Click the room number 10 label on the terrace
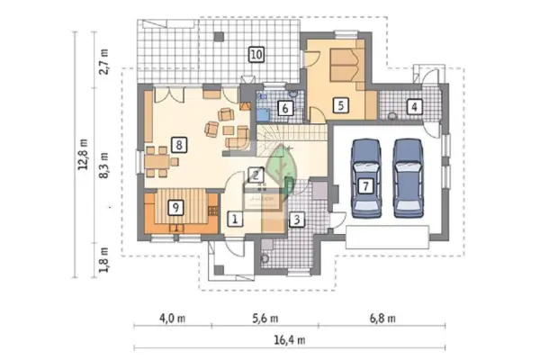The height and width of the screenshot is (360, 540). (x=256, y=55)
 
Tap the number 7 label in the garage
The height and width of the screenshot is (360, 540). (x=365, y=186)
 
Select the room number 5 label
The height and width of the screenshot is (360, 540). (x=340, y=105)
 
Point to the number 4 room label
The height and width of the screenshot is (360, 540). (x=414, y=107)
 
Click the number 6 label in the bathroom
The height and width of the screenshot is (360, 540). (x=285, y=109)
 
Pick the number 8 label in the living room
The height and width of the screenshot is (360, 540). (x=179, y=145)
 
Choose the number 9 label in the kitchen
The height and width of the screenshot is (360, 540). (x=175, y=208)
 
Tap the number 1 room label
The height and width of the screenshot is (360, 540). (x=235, y=219)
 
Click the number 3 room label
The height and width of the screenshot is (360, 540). (x=297, y=220)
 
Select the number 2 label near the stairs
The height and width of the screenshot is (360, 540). (x=256, y=175)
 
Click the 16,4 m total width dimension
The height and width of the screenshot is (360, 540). (x=289, y=340)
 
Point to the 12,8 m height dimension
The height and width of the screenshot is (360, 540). (x=83, y=154)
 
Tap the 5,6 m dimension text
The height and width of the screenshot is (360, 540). (x=265, y=319)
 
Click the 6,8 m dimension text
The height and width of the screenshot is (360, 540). (x=382, y=319)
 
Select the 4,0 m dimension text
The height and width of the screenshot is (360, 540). (x=172, y=319)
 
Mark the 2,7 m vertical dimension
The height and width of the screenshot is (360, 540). (x=104, y=62)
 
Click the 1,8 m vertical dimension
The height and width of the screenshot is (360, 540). (x=104, y=260)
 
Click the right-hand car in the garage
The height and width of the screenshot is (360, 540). (x=409, y=178)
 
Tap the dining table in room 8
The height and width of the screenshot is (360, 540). (x=157, y=162)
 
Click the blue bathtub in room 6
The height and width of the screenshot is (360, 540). (x=263, y=114)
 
